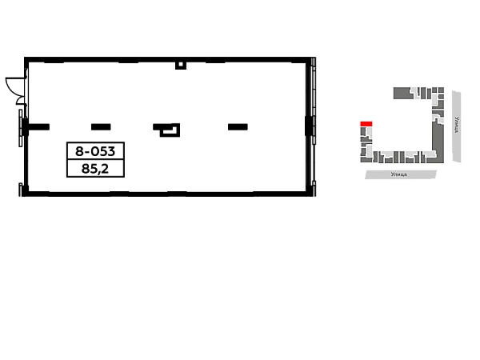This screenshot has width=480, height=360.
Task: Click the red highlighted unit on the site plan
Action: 366,123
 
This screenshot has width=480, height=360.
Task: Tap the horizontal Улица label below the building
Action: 398,174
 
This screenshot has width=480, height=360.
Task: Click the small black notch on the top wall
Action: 182,66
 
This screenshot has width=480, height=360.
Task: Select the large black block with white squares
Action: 95,159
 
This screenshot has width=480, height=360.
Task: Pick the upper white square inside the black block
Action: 118,150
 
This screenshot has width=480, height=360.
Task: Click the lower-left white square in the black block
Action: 74,170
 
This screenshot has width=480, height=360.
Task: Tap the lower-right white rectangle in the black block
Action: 115,170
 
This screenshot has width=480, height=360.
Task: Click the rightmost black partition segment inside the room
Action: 237,128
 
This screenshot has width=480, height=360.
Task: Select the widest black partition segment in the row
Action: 166,130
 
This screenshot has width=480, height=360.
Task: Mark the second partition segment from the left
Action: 102,128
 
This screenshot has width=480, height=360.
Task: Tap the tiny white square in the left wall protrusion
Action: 15,86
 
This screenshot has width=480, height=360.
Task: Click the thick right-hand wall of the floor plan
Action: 310,124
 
